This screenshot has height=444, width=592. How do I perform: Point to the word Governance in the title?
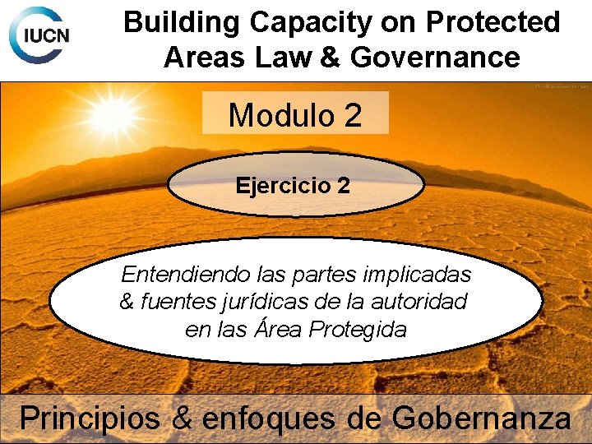(x=435, y=58)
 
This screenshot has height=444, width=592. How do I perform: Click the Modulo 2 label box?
(x=294, y=114)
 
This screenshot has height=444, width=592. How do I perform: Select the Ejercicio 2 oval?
(x=294, y=185)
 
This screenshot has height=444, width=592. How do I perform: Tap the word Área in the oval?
(x=279, y=329)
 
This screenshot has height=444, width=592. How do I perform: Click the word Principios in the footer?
(x=90, y=419)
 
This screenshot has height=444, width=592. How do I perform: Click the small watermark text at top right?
(x=561, y=86)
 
